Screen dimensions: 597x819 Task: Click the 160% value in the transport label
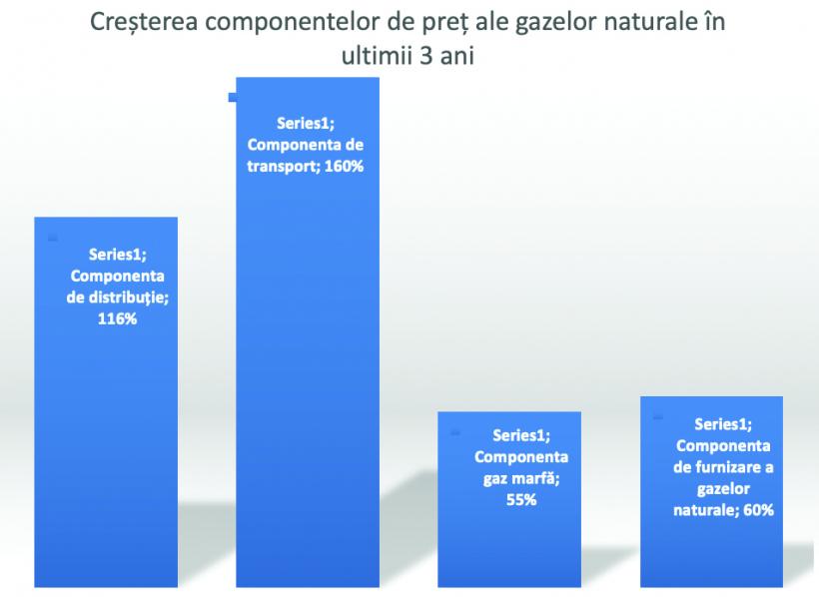[344, 167]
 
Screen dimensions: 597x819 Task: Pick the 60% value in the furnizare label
[751, 509]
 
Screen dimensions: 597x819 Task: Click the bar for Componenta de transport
[308, 399]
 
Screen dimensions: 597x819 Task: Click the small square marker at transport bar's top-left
[233, 97]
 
